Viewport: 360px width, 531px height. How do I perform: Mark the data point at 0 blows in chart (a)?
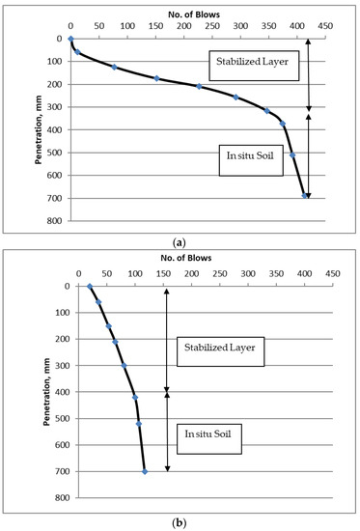pos(70,39)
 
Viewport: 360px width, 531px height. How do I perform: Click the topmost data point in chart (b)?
pos(90,286)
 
